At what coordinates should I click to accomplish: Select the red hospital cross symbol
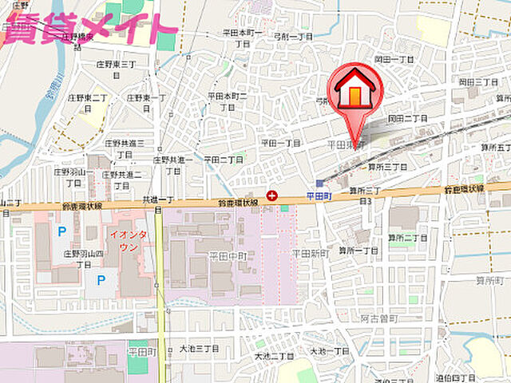pyautogui.click(x=273, y=195)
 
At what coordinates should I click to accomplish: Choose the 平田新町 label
pyautogui.click(x=309, y=253)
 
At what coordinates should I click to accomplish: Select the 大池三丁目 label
pyautogui.click(x=198, y=349)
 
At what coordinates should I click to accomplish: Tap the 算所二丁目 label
pyautogui.click(x=406, y=238)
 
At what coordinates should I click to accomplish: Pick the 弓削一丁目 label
pyautogui.click(x=292, y=38)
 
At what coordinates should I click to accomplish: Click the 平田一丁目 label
pyautogui.click(x=280, y=144)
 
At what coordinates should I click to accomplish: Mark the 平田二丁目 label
pyautogui.click(x=223, y=160)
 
